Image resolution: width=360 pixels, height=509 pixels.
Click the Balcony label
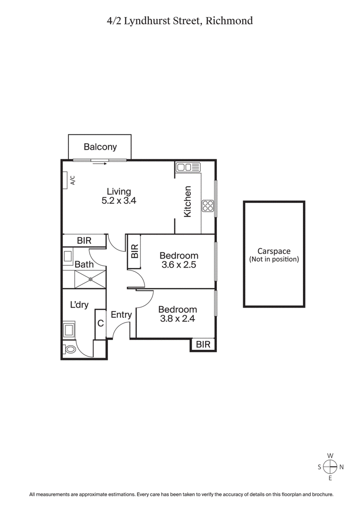click(x=100, y=147)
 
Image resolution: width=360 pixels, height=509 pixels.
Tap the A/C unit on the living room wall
click(x=72, y=181)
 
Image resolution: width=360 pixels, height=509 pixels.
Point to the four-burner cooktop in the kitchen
click(x=208, y=206)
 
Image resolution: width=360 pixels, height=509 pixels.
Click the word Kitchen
click(x=188, y=202)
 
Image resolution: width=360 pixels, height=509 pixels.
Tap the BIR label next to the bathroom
click(x=84, y=241)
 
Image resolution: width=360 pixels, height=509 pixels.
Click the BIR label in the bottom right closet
click(x=203, y=344)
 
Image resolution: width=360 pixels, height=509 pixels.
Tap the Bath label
click(x=84, y=265)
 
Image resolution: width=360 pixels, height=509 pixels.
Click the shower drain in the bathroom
click(x=90, y=279)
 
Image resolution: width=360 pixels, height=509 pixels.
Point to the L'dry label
click(x=79, y=305)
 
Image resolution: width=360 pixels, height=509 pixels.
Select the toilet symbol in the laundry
click(x=69, y=349)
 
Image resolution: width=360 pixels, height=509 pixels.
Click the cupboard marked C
click(x=101, y=323)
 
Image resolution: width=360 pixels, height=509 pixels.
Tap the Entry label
click(x=121, y=315)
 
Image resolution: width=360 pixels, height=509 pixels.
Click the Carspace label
click(x=274, y=251)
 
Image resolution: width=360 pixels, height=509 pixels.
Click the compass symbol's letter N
click(x=342, y=467)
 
